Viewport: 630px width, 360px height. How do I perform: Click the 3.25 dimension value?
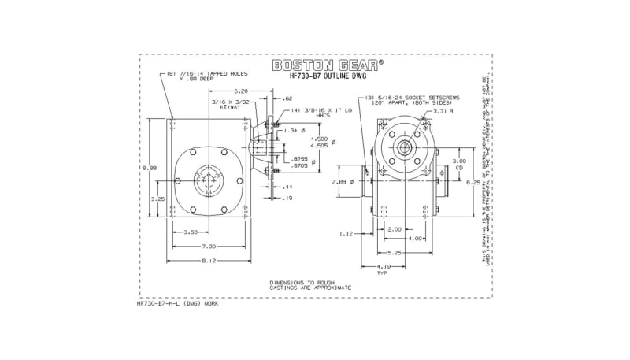(157, 199)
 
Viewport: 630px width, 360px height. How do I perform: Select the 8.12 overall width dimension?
(209, 261)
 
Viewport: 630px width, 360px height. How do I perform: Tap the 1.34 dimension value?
(290, 130)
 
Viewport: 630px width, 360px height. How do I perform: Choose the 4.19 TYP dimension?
(382, 270)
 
